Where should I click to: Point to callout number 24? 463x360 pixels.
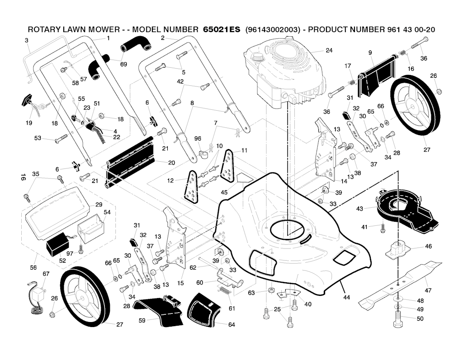click(x=329, y=51)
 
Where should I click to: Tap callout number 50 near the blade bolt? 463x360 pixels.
click(x=420, y=319)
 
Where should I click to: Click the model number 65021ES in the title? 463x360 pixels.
click(x=219, y=29)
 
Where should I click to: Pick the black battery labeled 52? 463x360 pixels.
click(x=57, y=248)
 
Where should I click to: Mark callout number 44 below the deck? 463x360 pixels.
click(x=347, y=298)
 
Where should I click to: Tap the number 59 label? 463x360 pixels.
click(x=142, y=320)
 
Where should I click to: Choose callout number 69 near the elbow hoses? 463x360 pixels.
click(x=123, y=64)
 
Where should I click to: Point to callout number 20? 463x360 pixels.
click(x=171, y=163)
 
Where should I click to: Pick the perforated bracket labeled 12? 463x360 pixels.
click(x=191, y=187)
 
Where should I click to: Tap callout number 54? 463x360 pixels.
click(x=107, y=212)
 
